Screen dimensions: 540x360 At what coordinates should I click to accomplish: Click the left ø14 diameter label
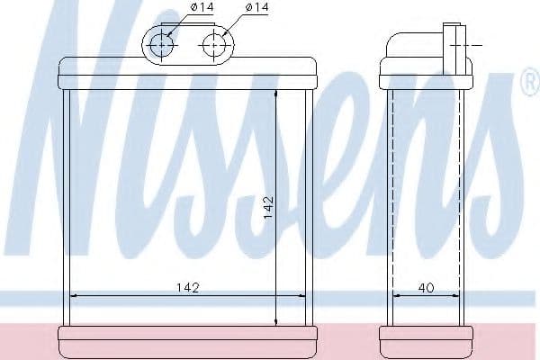(202, 7)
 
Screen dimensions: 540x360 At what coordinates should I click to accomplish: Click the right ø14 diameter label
(256, 7)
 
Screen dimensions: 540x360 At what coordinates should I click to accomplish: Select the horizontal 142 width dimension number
(188, 287)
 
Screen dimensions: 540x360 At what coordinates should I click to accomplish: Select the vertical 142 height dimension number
(268, 207)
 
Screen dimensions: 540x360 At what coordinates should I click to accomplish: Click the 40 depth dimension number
(426, 287)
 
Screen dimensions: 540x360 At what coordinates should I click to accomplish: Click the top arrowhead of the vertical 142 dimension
(276, 94)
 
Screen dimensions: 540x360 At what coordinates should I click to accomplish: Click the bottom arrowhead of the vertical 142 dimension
(276, 321)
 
